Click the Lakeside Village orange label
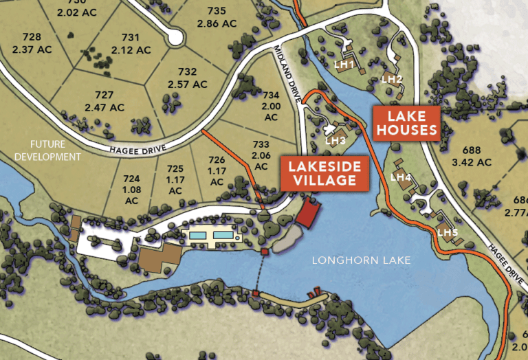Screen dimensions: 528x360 point(323,173)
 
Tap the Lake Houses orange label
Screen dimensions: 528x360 point(406,123)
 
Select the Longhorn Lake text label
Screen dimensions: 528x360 point(361,260)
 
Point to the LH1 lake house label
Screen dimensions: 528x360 point(343,65)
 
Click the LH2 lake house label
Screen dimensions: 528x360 point(392,79)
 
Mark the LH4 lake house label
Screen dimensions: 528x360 point(400,177)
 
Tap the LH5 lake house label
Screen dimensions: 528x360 point(448,232)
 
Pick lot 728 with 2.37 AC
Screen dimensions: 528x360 point(31,42)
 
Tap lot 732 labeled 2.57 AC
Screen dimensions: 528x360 point(187,78)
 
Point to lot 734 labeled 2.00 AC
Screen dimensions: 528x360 point(272,105)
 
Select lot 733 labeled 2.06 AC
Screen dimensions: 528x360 point(261,150)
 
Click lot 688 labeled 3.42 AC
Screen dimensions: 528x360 point(473,156)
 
